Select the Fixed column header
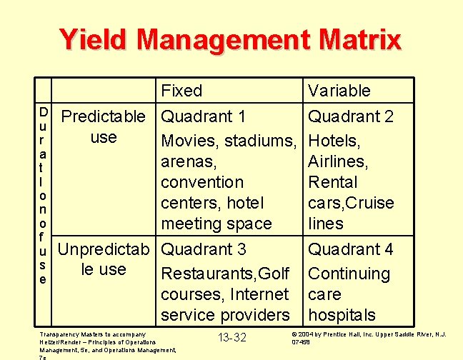[181, 91]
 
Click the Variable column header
[339, 91]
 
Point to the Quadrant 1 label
[204, 116]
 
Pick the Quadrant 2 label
[350, 116]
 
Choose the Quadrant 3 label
[204, 249]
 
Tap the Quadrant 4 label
[350, 249]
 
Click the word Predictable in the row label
[104, 116]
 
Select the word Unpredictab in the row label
[104, 249]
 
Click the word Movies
[187, 141]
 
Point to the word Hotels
[334, 141]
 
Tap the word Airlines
[338, 161]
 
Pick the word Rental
[334, 182]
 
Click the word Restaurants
[206, 274]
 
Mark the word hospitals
[342, 315]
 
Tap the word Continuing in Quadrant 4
[349, 274]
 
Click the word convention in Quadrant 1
[202, 182]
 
